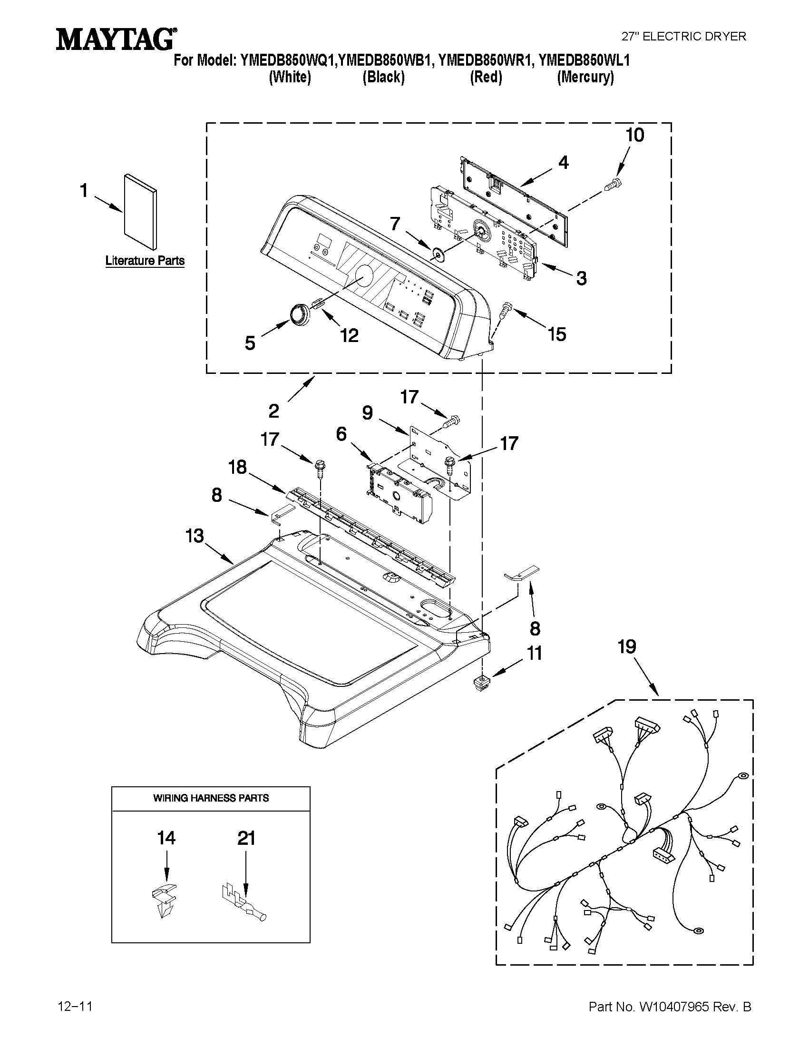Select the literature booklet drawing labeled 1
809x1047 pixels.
(x=140, y=211)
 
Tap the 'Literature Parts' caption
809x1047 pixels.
(x=145, y=261)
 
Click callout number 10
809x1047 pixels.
(x=634, y=136)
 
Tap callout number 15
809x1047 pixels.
(x=556, y=334)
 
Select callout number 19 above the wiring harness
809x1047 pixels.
(x=627, y=647)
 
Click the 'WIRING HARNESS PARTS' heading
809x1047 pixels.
(x=211, y=798)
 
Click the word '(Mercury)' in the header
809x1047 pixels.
(x=585, y=77)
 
